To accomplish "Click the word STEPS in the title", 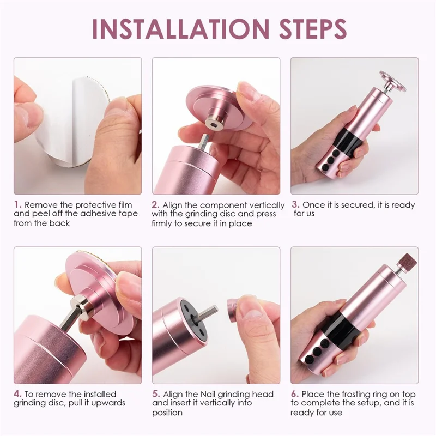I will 307,28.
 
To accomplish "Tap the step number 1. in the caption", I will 17,205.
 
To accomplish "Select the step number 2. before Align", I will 155,205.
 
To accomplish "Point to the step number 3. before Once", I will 295,205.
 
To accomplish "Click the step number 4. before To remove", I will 17,394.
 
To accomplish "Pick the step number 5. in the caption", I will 156,394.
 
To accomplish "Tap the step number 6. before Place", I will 295,394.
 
